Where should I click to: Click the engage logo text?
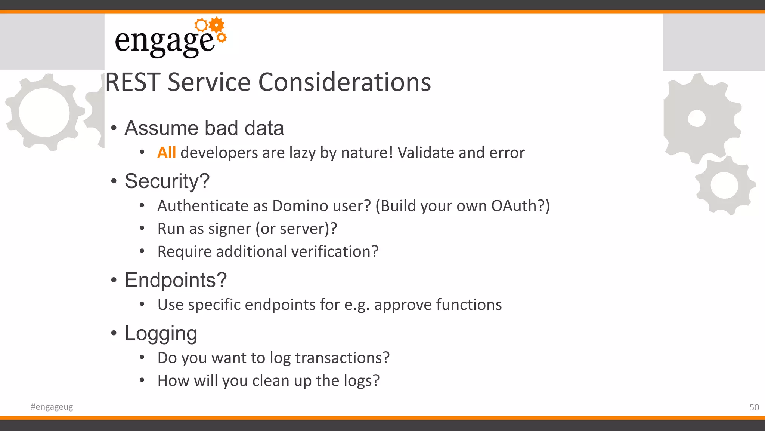(164, 41)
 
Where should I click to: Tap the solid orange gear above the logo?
(217, 25)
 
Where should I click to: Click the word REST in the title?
(133, 82)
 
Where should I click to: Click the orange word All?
(166, 153)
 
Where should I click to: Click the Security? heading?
(167, 181)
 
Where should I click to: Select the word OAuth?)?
(520, 206)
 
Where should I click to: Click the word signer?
(229, 229)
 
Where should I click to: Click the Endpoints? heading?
(176, 280)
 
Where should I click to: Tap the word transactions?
(342, 358)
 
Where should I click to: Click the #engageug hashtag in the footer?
(52, 407)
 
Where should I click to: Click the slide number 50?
(754, 407)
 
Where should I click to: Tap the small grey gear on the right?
(724, 186)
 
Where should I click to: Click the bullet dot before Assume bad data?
(114, 128)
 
